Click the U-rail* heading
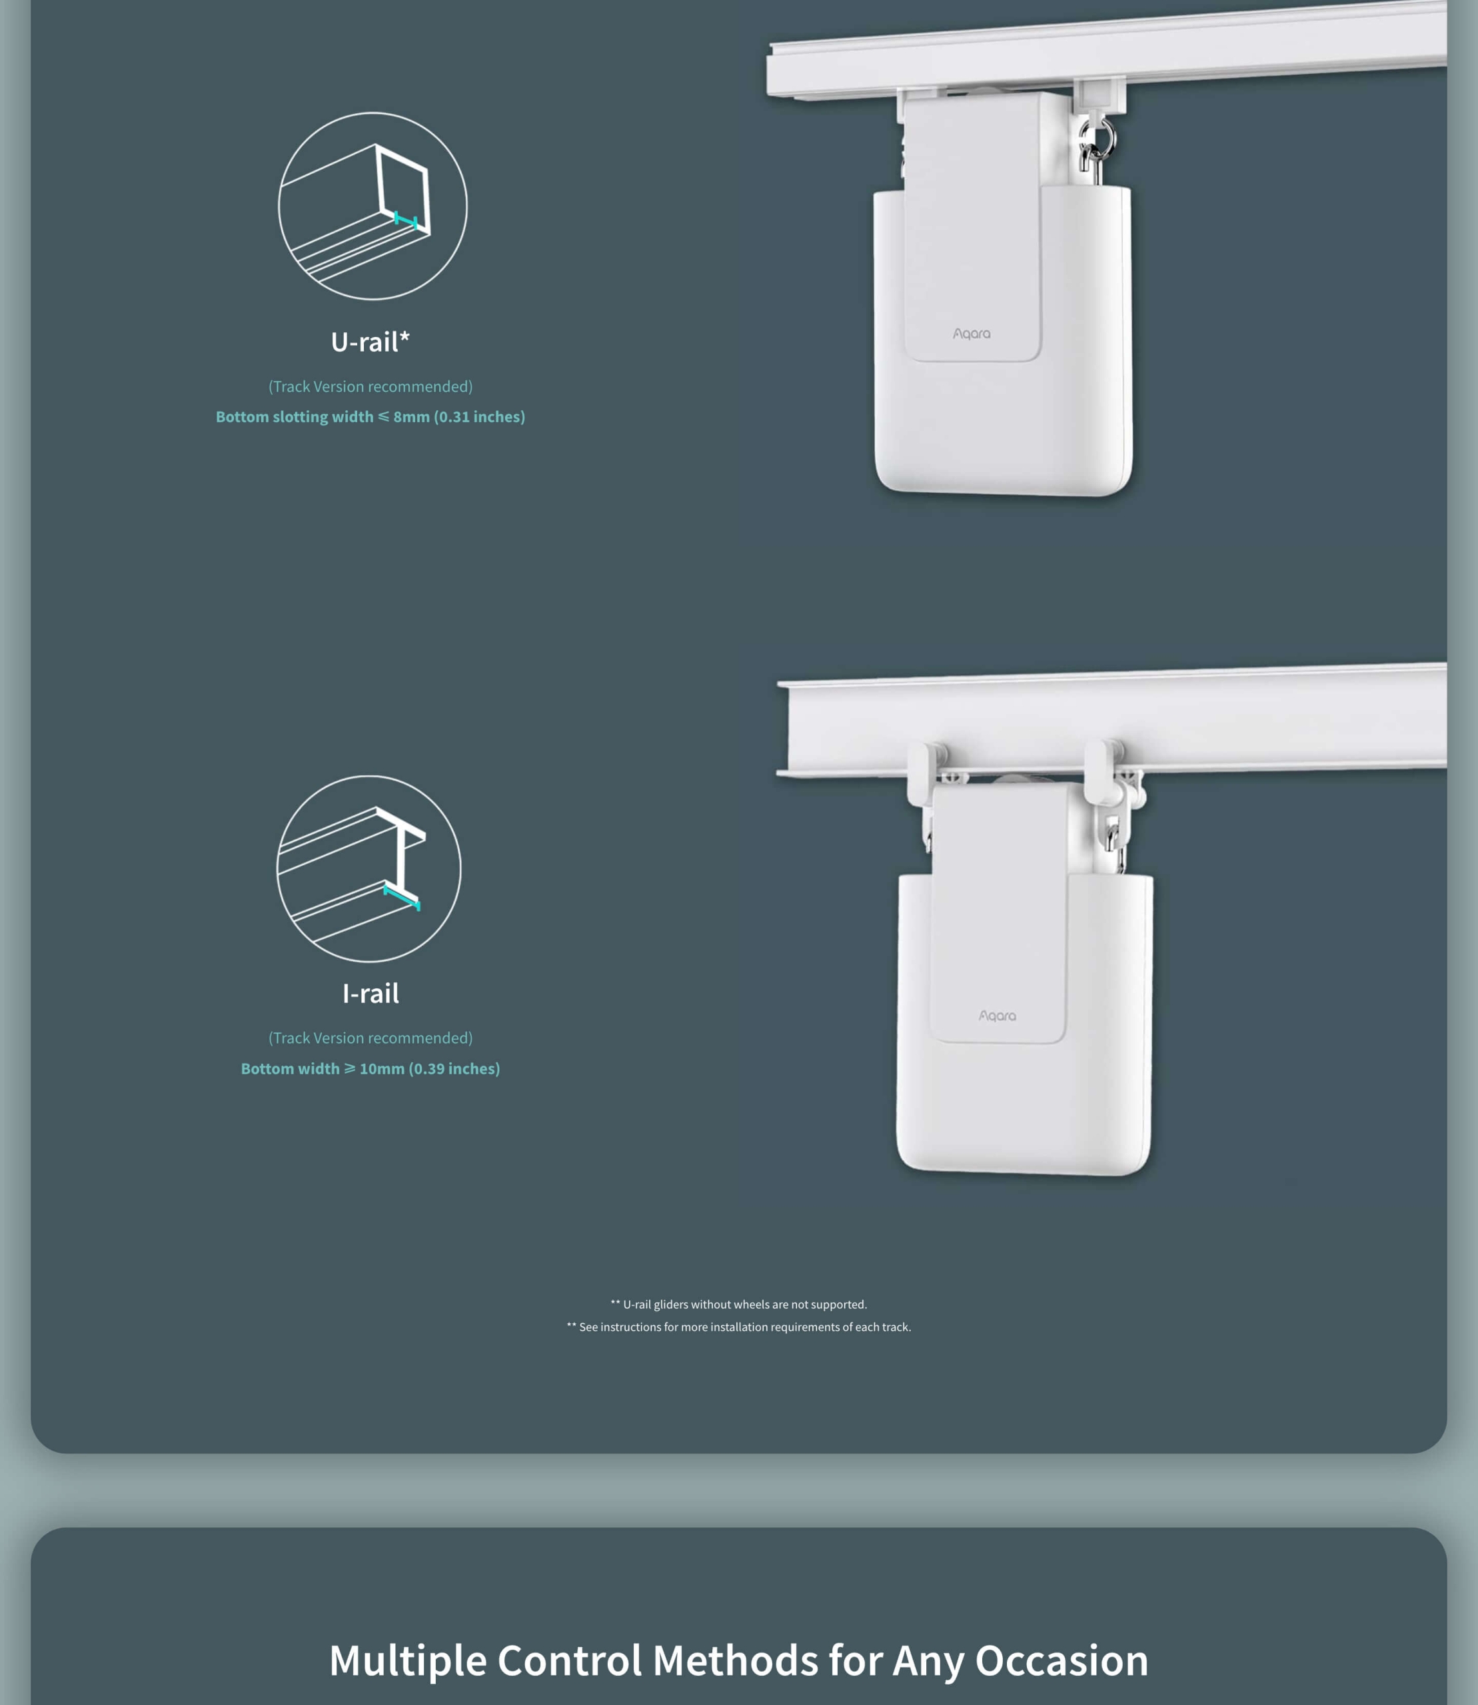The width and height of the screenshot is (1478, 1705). tap(370, 341)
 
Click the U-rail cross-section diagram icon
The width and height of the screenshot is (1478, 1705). tap(372, 205)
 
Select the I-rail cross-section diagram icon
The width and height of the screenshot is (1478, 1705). tap(369, 868)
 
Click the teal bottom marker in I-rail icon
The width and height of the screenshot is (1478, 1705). tap(402, 897)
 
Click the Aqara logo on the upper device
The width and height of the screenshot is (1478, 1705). tap(972, 333)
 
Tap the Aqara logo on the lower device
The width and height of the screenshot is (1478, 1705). tap(997, 1016)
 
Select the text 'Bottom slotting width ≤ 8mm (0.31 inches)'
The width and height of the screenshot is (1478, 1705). tap(370, 416)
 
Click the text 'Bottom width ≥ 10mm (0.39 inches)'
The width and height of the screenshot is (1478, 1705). tap(370, 1068)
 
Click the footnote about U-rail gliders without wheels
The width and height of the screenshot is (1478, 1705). tap(739, 1304)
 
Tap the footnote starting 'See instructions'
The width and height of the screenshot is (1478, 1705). tap(739, 1327)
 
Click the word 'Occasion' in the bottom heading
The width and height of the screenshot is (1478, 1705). tap(1062, 1660)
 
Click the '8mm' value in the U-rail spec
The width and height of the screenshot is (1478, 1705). tap(412, 416)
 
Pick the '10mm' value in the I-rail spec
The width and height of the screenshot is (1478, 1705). tap(382, 1068)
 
